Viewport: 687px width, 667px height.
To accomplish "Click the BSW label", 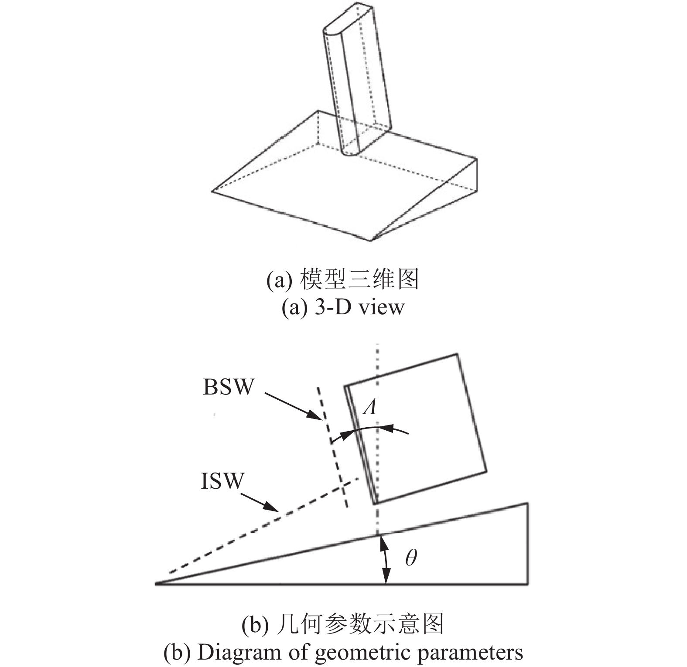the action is click(x=228, y=387).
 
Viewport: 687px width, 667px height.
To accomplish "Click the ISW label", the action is click(x=222, y=482).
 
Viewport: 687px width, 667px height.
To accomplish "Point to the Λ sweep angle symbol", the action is click(x=371, y=407).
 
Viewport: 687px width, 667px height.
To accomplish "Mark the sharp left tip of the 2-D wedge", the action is click(x=157, y=583).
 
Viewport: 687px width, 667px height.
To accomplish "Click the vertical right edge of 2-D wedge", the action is click(x=528, y=544).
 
